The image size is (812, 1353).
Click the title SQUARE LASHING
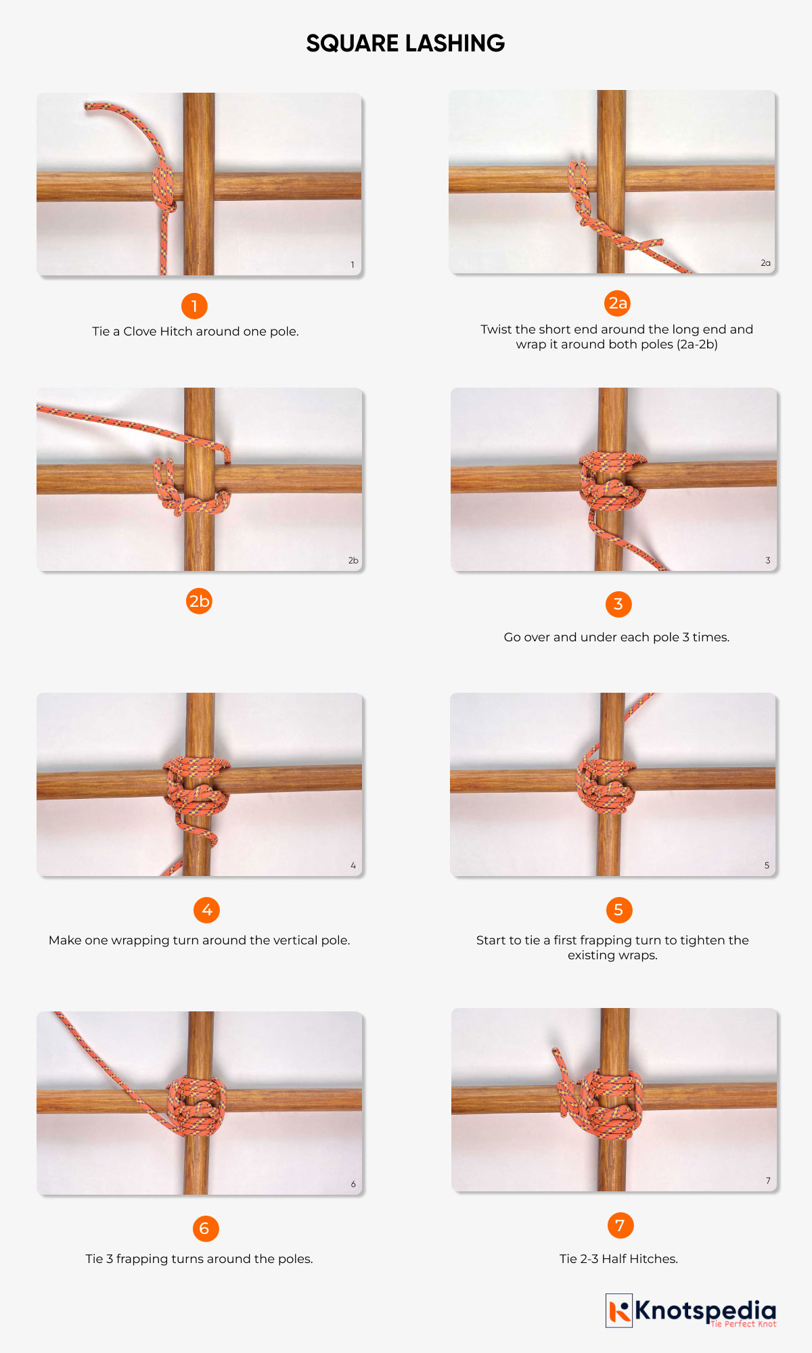405,43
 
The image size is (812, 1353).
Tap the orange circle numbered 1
194,306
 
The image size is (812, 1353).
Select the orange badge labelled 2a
617,303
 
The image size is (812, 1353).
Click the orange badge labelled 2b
199,601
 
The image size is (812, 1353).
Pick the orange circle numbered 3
618,604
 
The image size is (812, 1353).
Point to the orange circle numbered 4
206,910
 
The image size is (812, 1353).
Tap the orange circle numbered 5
618,910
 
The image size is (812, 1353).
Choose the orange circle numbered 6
205,1229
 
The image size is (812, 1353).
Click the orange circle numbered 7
620,1225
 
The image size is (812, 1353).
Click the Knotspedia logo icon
618,1310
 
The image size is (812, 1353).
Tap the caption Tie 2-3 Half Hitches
618,1259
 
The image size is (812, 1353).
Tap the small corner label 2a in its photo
765,263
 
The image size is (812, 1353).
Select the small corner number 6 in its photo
353,1185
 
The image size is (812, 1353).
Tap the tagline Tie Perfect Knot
743,1324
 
